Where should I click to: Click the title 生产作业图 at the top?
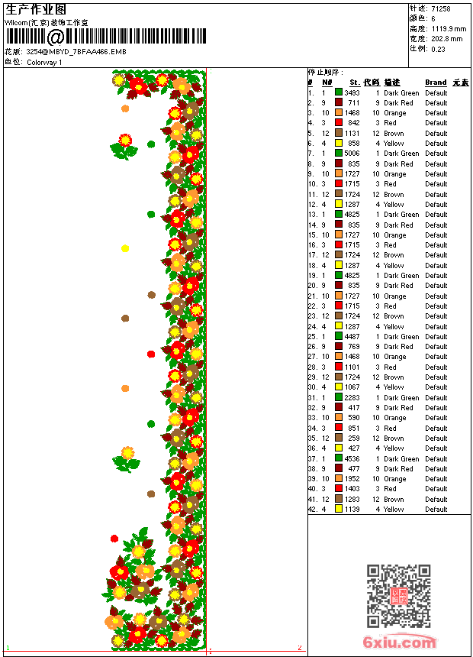tap(36, 9)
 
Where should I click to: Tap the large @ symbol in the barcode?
tap(56, 37)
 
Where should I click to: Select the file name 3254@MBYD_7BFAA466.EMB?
tap(76, 52)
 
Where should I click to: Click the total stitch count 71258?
tap(441, 8)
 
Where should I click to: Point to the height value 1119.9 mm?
tap(448, 28)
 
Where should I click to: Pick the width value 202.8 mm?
tap(446, 38)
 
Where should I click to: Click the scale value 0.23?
tap(438, 48)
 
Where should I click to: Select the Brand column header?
tap(436, 83)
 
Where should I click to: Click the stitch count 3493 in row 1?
tap(352, 93)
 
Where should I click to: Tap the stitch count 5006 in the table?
tap(352, 154)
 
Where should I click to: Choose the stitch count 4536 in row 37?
tap(352, 459)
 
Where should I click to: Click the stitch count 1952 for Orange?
tap(352, 479)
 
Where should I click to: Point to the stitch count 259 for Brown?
tap(354, 439)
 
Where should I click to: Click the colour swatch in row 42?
tap(339, 509)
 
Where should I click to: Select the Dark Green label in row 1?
tap(401, 93)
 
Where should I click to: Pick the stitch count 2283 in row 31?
tap(352, 398)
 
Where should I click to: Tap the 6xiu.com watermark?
tap(400, 642)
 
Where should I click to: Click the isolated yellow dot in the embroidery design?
tap(125, 248)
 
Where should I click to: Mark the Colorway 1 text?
tap(45, 62)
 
